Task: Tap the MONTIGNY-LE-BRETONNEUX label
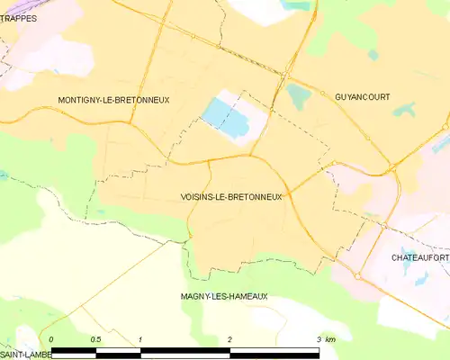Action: pos(113,100)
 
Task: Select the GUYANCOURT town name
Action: pos(362,97)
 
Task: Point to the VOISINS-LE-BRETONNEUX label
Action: pos(231,197)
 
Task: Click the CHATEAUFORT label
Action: pos(419,257)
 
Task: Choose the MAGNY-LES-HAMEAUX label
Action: pos(224,296)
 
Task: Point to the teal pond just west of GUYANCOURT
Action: pos(296,94)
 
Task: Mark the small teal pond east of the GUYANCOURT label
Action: pos(406,111)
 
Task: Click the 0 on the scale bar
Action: pos(52,339)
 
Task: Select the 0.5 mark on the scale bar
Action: pos(95,339)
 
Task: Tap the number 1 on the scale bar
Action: pos(141,339)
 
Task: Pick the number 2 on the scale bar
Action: pos(230,339)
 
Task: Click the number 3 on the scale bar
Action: pos(319,339)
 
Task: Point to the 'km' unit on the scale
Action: pos(330,339)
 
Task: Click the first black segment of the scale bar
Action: pos(74,349)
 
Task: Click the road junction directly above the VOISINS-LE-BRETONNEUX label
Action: pos(209,162)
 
